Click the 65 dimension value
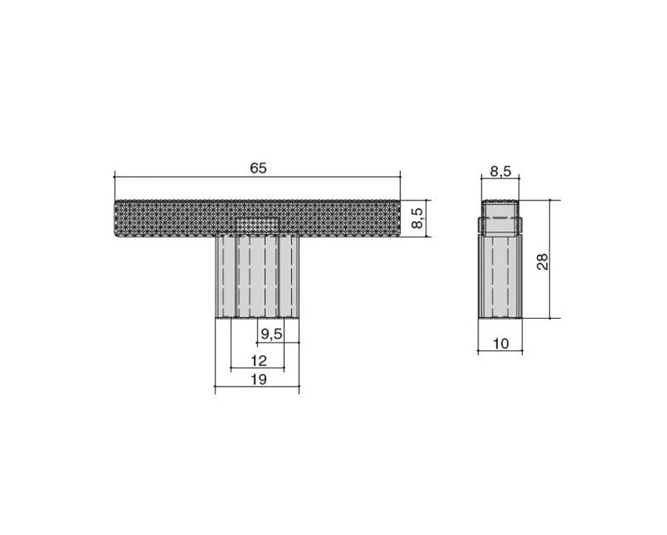click(x=258, y=168)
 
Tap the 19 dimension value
click(x=258, y=379)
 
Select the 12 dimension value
click(x=258, y=361)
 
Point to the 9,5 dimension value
click(x=272, y=335)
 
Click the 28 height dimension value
click(x=542, y=261)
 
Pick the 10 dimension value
click(x=500, y=343)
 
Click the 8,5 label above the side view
click(x=500, y=171)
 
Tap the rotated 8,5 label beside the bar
click(x=418, y=218)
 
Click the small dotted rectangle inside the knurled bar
click(x=257, y=225)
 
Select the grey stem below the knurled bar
click(x=257, y=277)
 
